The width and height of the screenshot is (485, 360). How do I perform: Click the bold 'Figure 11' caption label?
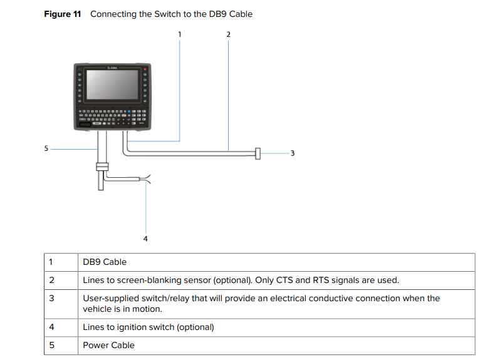point(63,14)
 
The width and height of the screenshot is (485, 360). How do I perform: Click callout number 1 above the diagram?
point(180,34)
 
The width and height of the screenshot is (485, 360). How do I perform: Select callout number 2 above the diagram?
point(228,34)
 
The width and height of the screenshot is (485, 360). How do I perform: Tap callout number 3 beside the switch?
point(292,153)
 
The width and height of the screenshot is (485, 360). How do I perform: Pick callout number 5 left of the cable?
point(46,149)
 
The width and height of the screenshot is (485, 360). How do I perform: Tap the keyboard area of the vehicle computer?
point(112,116)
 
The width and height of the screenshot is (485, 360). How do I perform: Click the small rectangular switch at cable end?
point(258,153)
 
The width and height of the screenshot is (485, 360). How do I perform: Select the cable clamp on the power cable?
point(101,167)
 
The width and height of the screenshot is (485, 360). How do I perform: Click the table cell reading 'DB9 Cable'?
point(105,262)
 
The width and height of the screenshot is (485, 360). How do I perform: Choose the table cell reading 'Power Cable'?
point(109,345)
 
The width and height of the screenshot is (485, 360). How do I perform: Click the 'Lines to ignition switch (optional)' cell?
point(149,327)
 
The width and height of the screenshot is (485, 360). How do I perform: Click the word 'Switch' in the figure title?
point(167,14)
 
